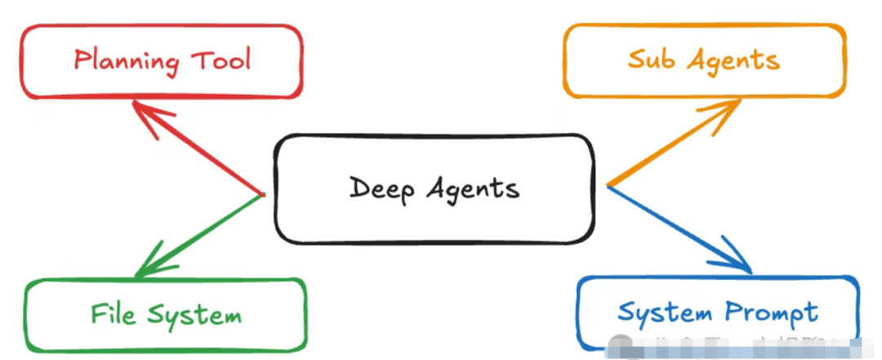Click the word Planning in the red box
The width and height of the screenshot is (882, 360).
(x=127, y=62)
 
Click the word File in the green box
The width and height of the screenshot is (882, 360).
(x=112, y=314)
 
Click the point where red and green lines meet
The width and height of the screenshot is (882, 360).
(x=263, y=194)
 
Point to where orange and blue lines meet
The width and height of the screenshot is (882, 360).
(x=608, y=185)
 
